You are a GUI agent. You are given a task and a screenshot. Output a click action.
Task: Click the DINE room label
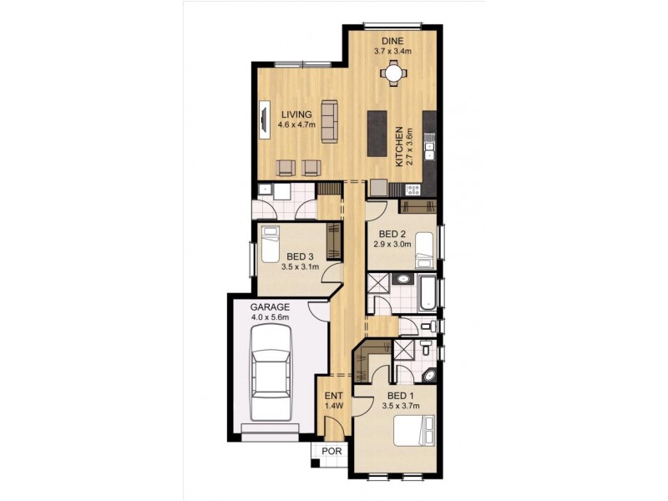click(392, 40)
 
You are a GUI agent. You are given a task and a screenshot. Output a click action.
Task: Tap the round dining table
click(392, 73)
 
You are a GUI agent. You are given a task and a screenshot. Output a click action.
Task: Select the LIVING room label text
click(296, 115)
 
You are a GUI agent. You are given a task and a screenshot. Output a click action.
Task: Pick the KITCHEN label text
click(400, 146)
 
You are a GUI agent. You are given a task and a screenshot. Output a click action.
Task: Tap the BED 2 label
click(392, 234)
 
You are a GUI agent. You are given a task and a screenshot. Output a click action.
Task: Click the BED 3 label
click(300, 256)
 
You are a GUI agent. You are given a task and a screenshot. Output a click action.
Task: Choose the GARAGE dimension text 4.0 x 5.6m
click(270, 317)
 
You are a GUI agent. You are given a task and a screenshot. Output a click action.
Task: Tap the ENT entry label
click(331, 397)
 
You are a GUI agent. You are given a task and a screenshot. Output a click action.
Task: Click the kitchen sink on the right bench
click(429, 151)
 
